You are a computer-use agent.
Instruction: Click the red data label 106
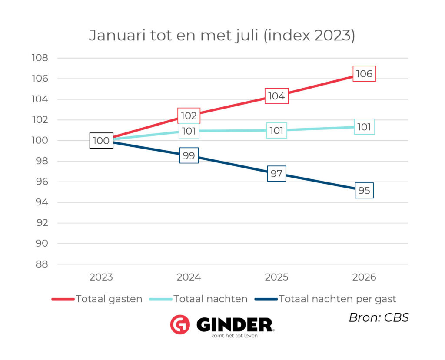364,74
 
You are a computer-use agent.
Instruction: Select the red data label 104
276,96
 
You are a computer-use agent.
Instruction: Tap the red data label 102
189,116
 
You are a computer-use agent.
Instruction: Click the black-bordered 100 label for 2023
101,140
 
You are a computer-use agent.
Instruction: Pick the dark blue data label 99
189,155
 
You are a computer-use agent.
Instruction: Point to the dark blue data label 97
276,174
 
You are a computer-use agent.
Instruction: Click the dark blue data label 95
364,190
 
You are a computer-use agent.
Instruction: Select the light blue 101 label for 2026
364,127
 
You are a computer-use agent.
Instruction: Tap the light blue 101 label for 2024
189,131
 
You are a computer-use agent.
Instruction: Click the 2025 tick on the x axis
276,277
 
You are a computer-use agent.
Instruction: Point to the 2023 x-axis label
101,277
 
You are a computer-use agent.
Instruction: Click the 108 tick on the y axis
40,58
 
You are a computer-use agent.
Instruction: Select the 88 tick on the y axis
42,264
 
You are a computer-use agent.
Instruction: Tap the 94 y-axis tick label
42,202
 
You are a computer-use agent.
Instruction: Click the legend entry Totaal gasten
97,299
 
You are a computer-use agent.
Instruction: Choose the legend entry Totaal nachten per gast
325,299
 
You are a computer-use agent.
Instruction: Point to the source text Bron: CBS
379,318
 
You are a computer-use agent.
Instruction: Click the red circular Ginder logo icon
180,324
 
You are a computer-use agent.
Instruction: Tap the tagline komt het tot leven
234,336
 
